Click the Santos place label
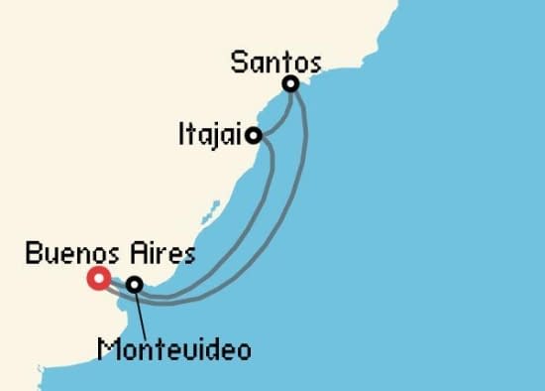[274, 63]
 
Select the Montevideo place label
[173, 349]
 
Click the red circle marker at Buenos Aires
[98, 278]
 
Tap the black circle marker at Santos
[290, 84]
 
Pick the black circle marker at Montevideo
[134, 284]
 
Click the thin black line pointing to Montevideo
[141, 312]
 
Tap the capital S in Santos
[238, 63]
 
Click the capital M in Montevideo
[105, 349]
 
